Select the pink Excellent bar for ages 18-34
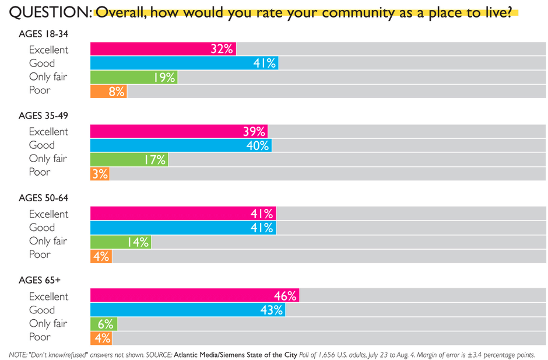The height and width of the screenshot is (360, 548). click(163, 50)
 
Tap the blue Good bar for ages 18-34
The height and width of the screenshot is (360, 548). click(184, 63)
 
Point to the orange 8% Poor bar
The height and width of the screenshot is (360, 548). click(108, 90)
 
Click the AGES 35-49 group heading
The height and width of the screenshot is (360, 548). click(43, 116)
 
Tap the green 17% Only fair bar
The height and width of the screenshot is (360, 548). click(129, 159)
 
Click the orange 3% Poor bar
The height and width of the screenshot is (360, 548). click(100, 173)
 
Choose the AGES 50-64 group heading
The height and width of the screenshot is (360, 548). click(43, 198)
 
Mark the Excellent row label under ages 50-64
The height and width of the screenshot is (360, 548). click(48, 214)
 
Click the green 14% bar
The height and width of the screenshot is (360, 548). click(120, 242)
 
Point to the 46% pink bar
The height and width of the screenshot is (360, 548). click(194, 296)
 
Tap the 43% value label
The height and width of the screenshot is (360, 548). click(272, 310)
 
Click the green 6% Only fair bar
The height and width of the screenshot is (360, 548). click(103, 324)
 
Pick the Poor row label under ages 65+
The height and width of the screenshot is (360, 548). click(40, 337)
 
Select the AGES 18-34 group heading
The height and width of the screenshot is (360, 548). click(43, 34)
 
